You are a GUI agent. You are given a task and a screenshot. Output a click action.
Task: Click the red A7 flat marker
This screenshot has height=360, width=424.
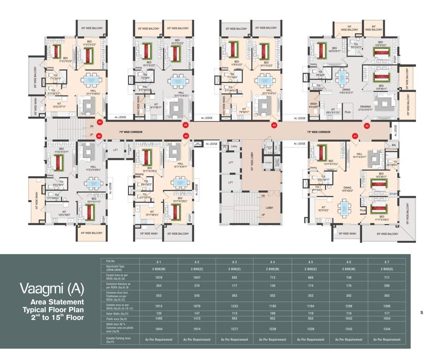click(99, 122)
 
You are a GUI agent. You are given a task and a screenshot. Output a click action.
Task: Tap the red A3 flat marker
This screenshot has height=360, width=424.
click(274, 125)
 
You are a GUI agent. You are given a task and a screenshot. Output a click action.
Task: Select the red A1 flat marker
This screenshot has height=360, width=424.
click(355, 136)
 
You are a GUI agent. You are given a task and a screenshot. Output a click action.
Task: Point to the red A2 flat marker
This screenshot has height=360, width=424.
click(367, 126)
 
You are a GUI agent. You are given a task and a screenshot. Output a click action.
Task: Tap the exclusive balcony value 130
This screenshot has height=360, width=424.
click(273, 285)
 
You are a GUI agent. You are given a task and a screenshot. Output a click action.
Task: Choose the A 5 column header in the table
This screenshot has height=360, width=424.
click(311, 261)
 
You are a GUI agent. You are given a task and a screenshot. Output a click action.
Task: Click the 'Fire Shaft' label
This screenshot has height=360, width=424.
click(268, 163)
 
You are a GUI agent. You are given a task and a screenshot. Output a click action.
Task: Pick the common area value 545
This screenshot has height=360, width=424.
click(197, 295)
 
